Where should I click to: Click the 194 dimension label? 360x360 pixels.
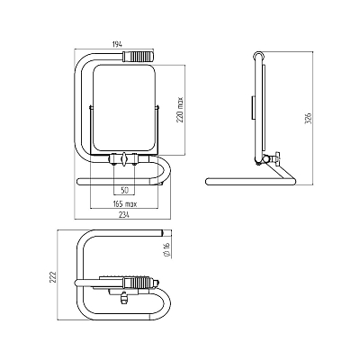point(117,45)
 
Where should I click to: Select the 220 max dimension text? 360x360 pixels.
point(180,109)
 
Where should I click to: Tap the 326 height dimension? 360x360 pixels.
point(309,118)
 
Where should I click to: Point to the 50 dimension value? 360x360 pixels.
point(124,190)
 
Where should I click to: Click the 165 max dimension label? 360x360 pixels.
point(125,204)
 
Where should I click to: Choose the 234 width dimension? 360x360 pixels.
point(123,215)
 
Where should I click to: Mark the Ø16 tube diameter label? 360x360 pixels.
point(167,249)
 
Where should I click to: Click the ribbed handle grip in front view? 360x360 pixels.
point(138,57)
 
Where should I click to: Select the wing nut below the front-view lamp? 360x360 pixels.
point(124,158)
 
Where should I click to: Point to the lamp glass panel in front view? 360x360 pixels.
point(124,109)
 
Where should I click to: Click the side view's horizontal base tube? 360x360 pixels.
point(250,181)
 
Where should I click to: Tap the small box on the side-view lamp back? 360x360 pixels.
point(253,108)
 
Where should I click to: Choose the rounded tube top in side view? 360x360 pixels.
point(258,55)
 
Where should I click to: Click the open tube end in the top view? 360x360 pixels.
point(161,233)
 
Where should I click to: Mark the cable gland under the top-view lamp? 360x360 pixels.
point(123,298)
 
